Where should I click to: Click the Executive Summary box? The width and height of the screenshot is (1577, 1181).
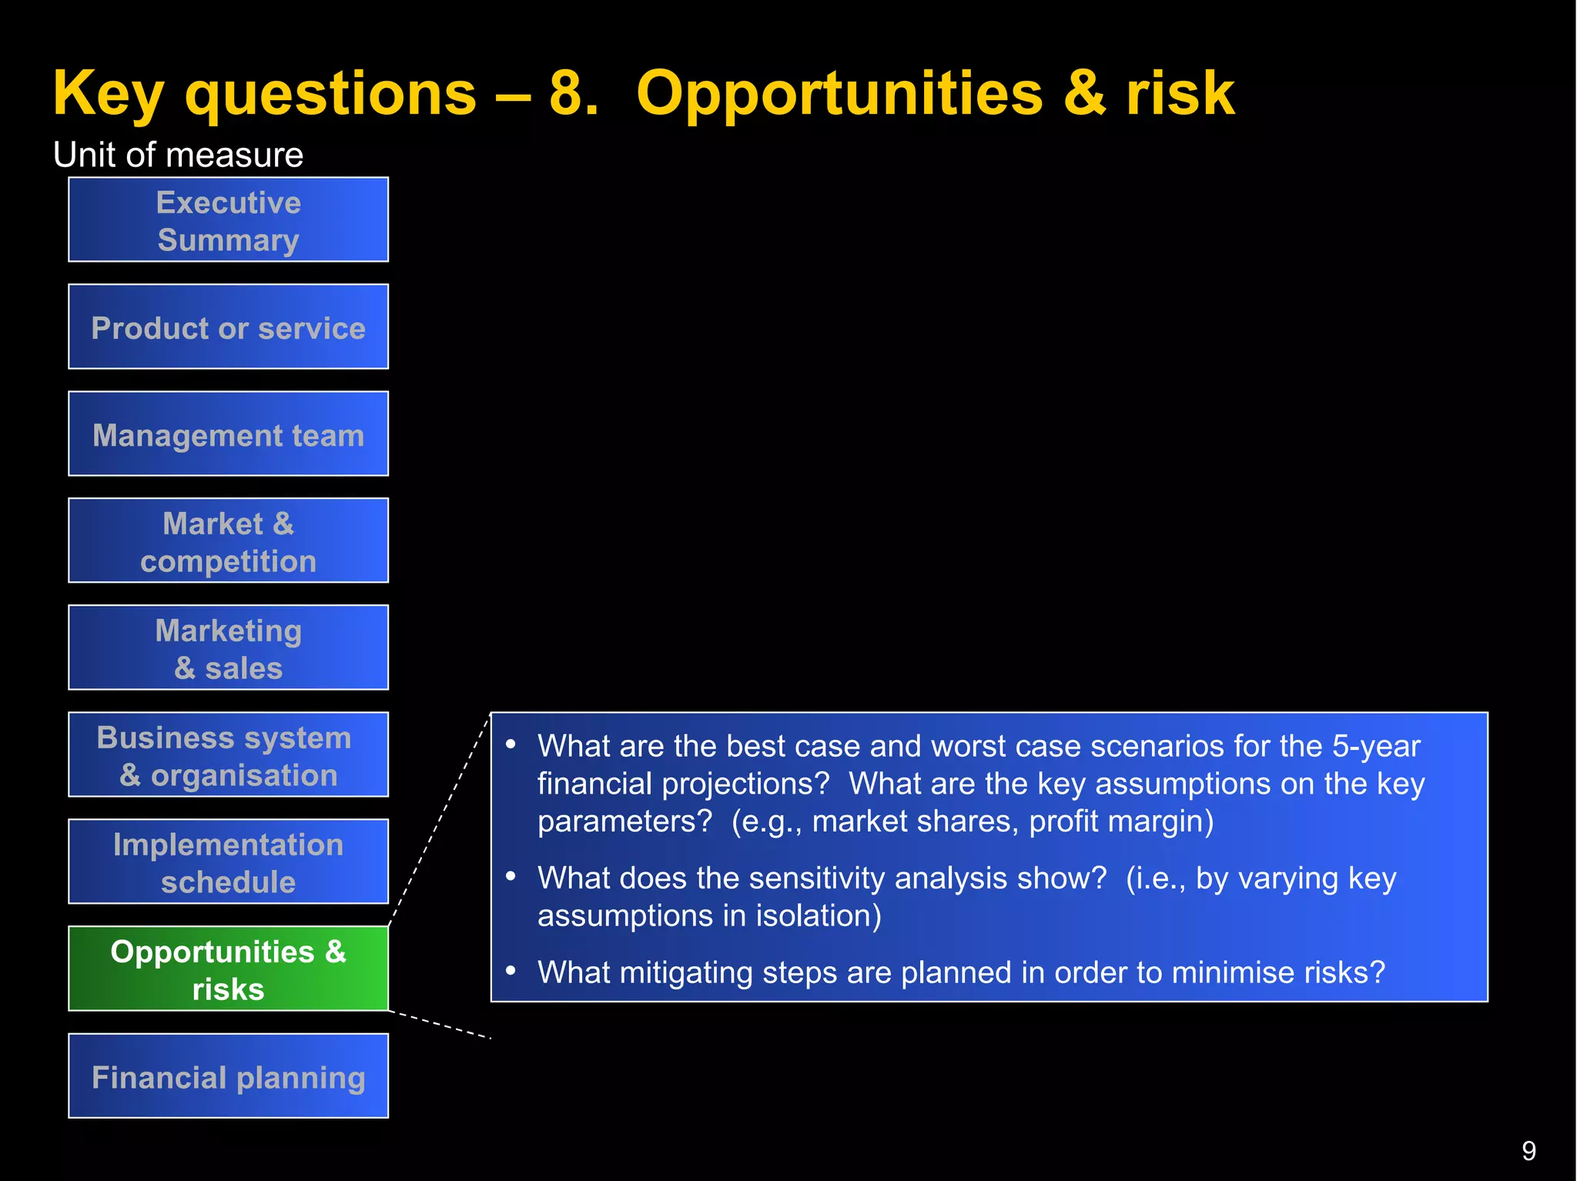(x=228, y=220)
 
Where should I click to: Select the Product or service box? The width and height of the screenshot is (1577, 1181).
(x=228, y=327)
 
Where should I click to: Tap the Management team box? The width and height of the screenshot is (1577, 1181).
(x=228, y=434)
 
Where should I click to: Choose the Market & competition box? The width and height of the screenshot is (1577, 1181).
(x=228, y=540)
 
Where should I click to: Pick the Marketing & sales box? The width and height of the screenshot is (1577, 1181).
(x=228, y=647)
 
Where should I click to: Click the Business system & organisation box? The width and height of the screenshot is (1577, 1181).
(x=228, y=754)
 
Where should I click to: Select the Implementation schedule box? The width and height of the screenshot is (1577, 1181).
(x=228, y=861)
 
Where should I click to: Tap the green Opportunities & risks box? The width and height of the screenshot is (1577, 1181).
(x=228, y=969)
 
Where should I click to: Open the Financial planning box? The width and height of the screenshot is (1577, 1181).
(x=228, y=1076)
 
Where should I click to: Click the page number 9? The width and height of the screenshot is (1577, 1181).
(x=1528, y=1151)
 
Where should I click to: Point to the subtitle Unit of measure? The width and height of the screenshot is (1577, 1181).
(x=178, y=155)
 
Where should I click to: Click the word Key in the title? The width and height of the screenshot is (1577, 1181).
(x=108, y=94)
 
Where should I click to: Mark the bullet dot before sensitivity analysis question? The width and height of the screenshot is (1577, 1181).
(x=511, y=876)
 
